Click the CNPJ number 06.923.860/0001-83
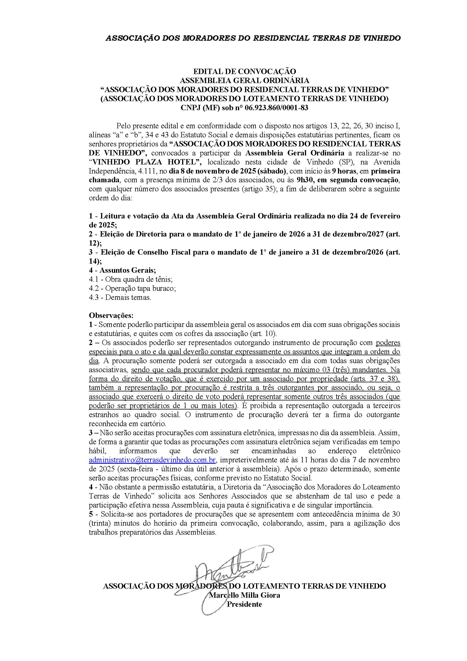(x=276, y=108)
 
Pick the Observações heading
(x=111, y=315)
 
